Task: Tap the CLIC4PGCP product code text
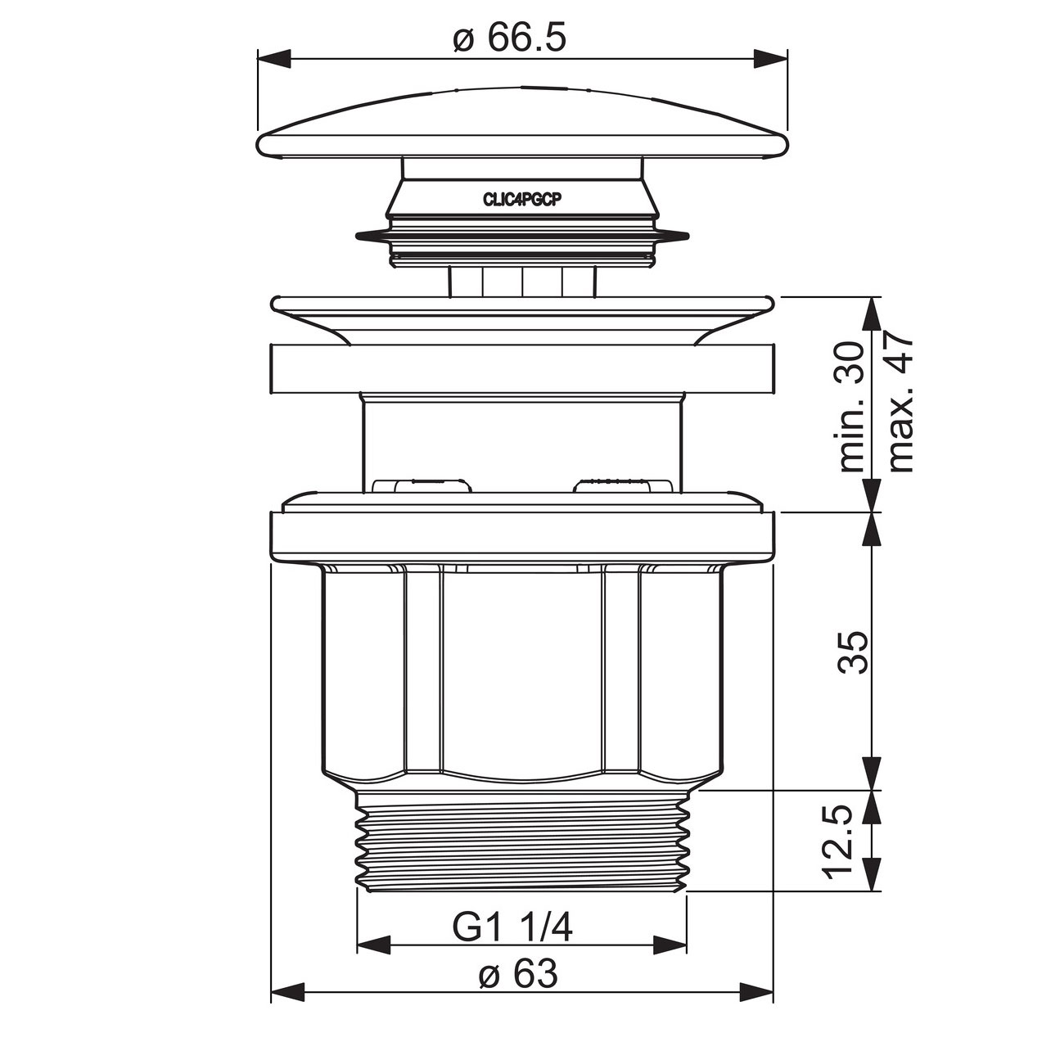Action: [x=522, y=201]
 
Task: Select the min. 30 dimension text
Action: [x=851, y=407]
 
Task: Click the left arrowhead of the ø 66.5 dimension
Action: [x=273, y=58]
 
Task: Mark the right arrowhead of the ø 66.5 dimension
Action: [x=771, y=58]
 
